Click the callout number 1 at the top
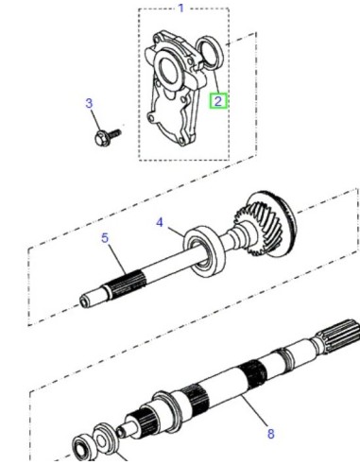(x=180, y=8)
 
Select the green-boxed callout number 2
(x=218, y=101)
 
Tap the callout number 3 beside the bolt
(x=89, y=103)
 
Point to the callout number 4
(x=160, y=222)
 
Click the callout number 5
(x=105, y=238)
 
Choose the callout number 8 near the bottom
(x=271, y=434)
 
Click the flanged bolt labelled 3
(x=107, y=137)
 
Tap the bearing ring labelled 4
(x=205, y=251)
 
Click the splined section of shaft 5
(x=129, y=286)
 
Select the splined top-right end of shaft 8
(x=338, y=336)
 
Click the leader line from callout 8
(x=253, y=410)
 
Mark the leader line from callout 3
(x=95, y=120)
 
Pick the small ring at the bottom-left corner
(x=83, y=448)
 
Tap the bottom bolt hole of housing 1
(x=181, y=141)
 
